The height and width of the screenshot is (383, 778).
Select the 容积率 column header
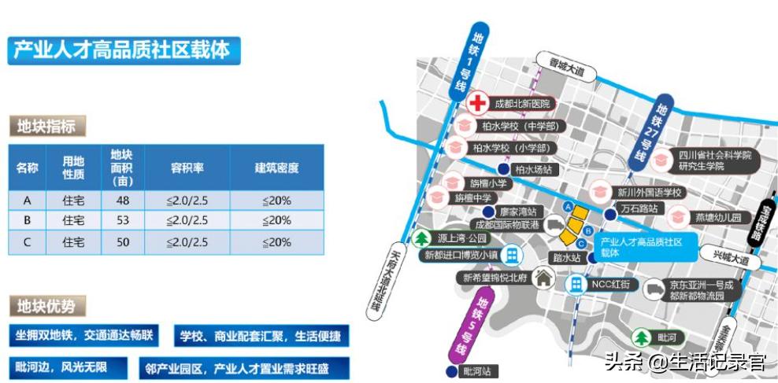pos(187,168)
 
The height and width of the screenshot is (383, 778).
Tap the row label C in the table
pos(28,242)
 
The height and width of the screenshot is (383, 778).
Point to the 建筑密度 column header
pos(276,168)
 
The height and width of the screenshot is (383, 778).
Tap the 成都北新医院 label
pos(521,104)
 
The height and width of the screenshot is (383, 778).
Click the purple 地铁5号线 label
pos(481,322)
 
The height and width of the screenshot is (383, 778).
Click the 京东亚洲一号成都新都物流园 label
pos(701,289)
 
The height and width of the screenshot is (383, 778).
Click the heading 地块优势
pos(47,306)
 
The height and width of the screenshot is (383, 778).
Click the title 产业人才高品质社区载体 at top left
pos(122,50)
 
